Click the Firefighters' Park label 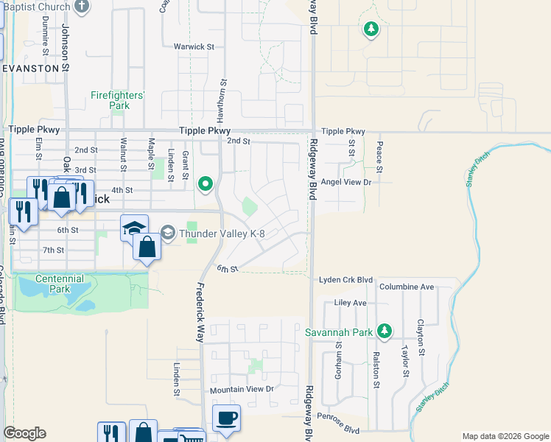pos(117,100)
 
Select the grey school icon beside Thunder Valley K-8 pos(168,234)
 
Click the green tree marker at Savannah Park pos(383,331)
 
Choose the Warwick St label pos(194,46)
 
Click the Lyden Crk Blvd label pos(345,281)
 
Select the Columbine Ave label pos(407,287)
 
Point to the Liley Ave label pos(350,303)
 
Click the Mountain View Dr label pos(242,389)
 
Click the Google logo pos(24,433)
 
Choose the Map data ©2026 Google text pos(505,436)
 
